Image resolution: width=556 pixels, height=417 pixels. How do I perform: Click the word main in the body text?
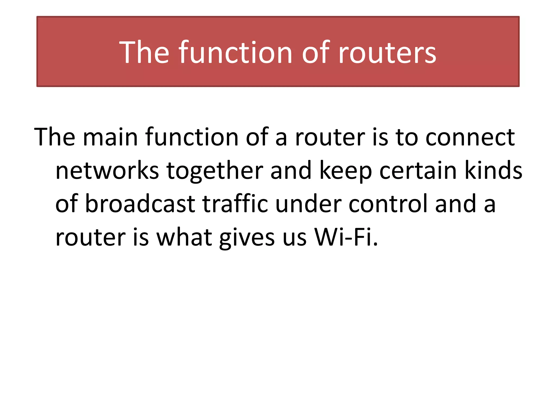pos(110,137)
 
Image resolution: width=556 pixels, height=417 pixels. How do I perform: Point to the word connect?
pos(470,137)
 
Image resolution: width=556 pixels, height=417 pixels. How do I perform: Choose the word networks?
pos(107,171)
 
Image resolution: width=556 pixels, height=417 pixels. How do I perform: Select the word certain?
pos(418,171)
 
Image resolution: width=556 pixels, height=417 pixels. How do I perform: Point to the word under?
pos(308,204)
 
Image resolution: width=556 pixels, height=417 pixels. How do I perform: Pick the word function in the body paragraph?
pos(192,137)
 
